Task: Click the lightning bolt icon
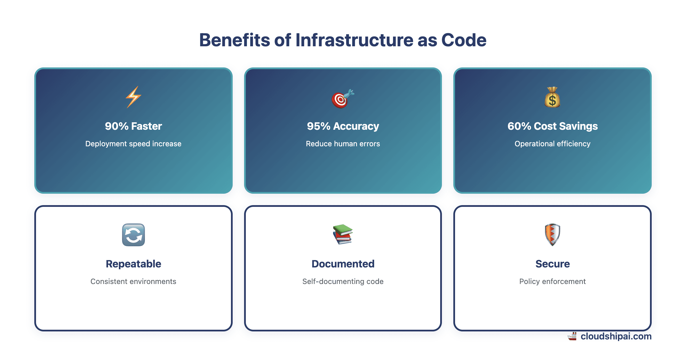pyautogui.click(x=133, y=97)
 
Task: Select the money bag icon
pyautogui.click(x=552, y=97)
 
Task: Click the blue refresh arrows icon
pyautogui.click(x=133, y=235)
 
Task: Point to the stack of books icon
pyautogui.click(x=343, y=235)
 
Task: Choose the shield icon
pyautogui.click(x=552, y=235)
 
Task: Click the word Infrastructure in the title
pyautogui.click(x=354, y=40)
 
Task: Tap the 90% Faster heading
pyautogui.click(x=133, y=126)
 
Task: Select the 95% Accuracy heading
pyautogui.click(x=343, y=126)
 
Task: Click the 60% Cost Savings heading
pyautogui.click(x=552, y=126)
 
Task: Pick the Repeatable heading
pyautogui.click(x=133, y=264)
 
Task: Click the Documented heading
pyautogui.click(x=343, y=264)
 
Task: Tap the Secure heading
pyautogui.click(x=552, y=264)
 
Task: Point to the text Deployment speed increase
pyautogui.click(x=133, y=144)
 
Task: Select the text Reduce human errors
pyautogui.click(x=343, y=144)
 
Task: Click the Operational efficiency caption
pyautogui.click(x=552, y=144)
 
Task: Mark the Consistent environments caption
pyautogui.click(x=133, y=281)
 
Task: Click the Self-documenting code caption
pyautogui.click(x=343, y=281)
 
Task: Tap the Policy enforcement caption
pyautogui.click(x=552, y=281)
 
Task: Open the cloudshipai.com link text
pyautogui.click(x=616, y=336)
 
